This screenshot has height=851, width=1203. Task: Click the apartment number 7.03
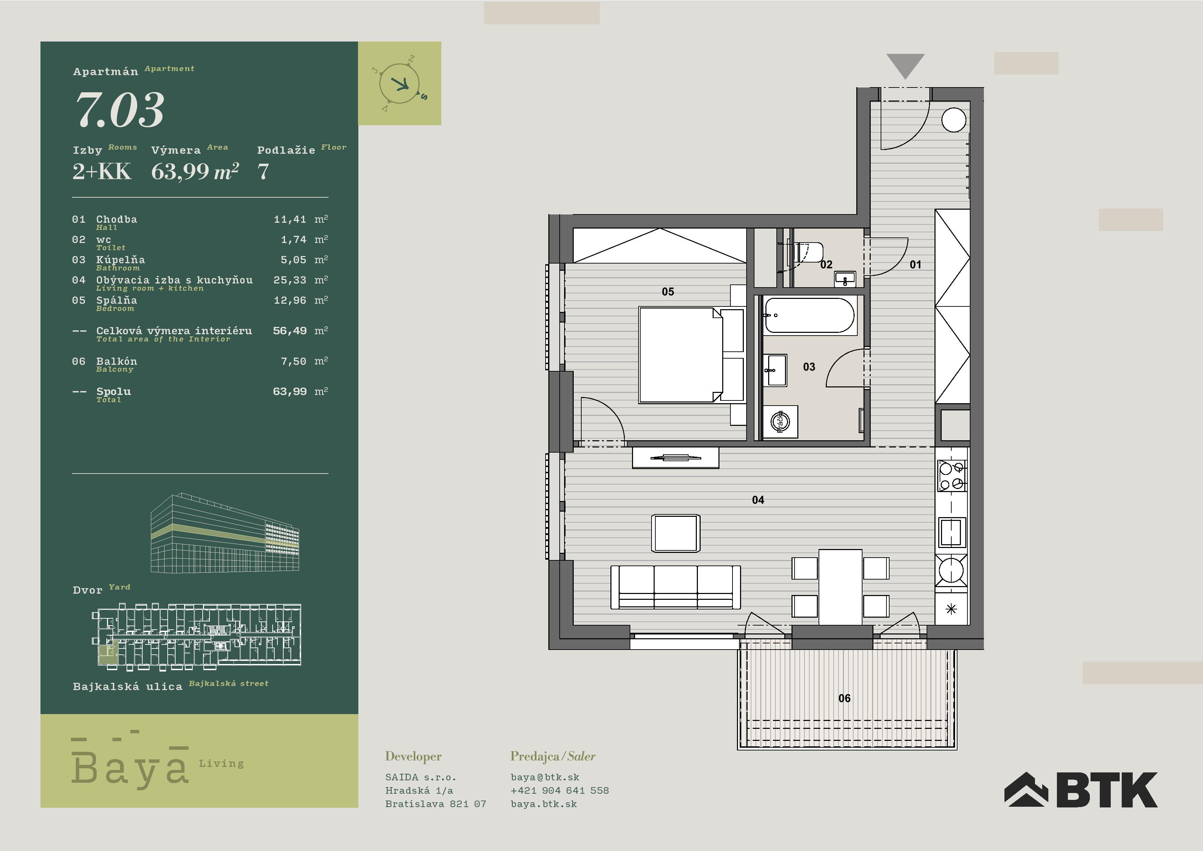tap(120, 110)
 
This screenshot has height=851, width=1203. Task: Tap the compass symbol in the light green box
tap(400, 83)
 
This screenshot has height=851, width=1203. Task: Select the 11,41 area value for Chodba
tap(290, 219)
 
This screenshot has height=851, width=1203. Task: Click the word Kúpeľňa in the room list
tap(120, 259)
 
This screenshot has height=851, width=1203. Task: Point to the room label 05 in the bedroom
tap(668, 292)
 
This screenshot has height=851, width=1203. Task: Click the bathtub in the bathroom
tap(810, 315)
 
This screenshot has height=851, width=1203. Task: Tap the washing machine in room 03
tap(780, 421)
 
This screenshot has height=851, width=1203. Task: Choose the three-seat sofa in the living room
tap(675, 587)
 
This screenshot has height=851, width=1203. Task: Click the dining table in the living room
tap(841, 587)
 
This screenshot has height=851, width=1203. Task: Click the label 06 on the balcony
tap(844, 698)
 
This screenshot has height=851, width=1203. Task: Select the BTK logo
tap(1081, 789)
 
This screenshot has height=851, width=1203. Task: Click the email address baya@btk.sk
tap(545, 777)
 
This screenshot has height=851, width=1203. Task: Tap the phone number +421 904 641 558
tap(560, 790)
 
